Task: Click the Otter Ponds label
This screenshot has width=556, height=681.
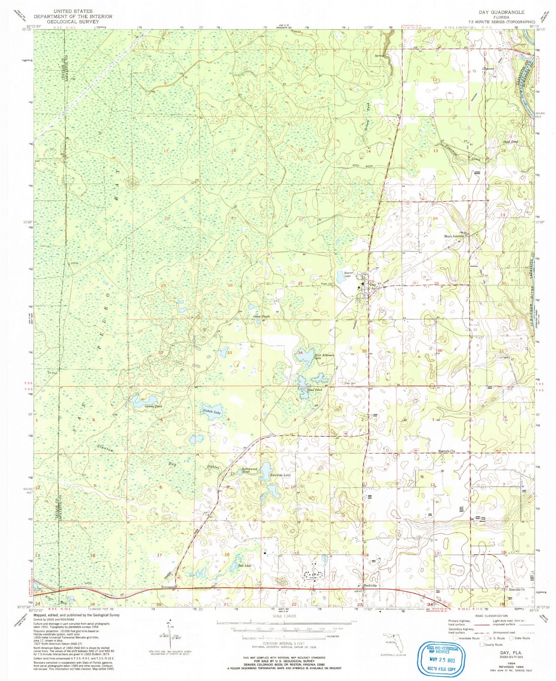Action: coord(261,317)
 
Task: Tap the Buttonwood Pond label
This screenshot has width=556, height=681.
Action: coord(249,470)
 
